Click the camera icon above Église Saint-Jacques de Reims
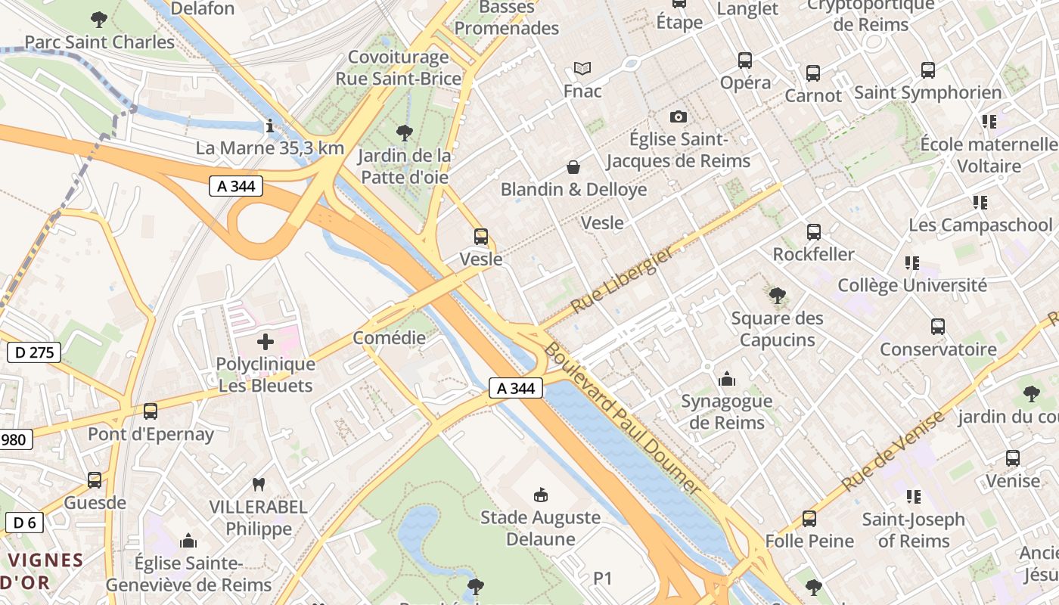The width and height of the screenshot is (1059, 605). (x=679, y=116)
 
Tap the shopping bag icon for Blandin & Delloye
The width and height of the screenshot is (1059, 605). (x=573, y=166)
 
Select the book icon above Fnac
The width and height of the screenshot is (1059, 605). (x=582, y=69)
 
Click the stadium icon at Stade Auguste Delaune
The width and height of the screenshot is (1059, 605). (x=542, y=495)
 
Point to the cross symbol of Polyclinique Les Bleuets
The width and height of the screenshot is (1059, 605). (x=266, y=342)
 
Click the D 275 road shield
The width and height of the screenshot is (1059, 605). (x=33, y=352)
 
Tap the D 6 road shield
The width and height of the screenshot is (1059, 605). (x=24, y=522)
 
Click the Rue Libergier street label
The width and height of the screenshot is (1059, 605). (x=622, y=281)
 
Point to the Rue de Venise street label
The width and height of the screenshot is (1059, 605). (x=893, y=451)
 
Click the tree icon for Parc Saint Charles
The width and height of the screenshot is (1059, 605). (x=98, y=19)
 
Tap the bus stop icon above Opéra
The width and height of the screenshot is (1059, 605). (x=745, y=60)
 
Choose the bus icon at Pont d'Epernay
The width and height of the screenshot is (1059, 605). (x=151, y=411)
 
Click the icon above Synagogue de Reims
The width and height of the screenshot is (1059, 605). (x=727, y=378)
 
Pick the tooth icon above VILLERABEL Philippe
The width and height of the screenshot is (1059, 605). (x=259, y=484)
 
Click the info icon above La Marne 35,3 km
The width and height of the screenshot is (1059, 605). (x=270, y=126)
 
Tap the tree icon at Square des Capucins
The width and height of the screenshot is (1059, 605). (x=777, y=296)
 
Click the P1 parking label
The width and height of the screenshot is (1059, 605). (x=602, y=579)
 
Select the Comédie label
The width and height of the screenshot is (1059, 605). (x=390, y=338)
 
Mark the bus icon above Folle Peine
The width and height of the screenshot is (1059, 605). (x=809, y=519)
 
